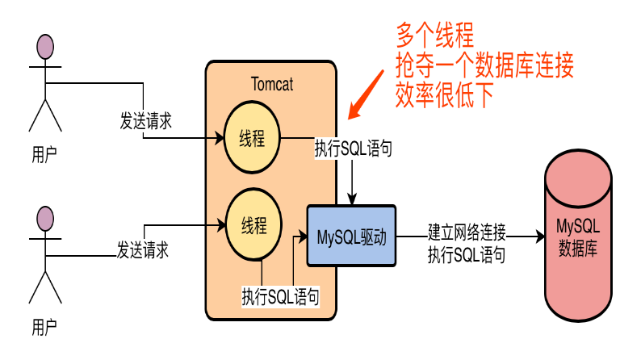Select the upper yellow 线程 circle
[x=253, y=138]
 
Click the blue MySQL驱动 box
[x=351, y=237]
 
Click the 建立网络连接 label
[x=467, y=233]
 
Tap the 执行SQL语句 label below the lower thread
[x=280, y=296]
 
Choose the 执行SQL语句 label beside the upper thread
[x=354, y=149]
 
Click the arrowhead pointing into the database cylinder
[x=538, y=237]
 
